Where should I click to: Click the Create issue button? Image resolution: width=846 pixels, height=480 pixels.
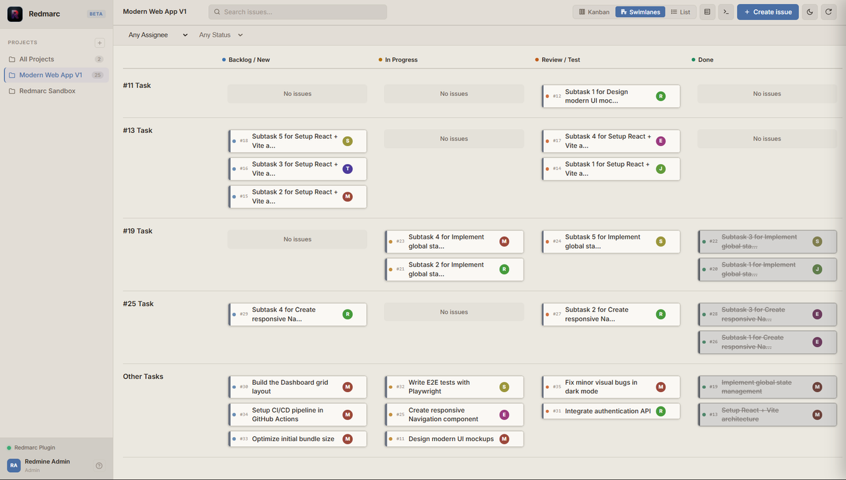click(x=767, y=12)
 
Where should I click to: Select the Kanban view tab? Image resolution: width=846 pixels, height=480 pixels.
click(x=594, y=12)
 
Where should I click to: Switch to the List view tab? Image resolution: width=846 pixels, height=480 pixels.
click(x=681, y=12)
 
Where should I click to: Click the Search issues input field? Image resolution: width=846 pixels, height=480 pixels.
click(x=297, y=12)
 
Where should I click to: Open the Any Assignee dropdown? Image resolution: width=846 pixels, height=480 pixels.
click(x=158, y=35)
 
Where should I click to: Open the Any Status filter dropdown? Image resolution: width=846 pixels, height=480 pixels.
click(x=221, y=35)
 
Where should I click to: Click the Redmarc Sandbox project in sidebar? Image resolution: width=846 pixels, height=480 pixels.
click(x=47, y=91)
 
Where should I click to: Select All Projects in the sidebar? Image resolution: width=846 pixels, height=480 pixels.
click(x=36, y=59)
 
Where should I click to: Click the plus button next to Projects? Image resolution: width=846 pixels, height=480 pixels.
click(x=100, y=43)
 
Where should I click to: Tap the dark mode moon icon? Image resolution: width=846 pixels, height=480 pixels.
click(x=810, y=12)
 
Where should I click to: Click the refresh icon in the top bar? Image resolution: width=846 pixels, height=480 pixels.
click(x=829, y=12)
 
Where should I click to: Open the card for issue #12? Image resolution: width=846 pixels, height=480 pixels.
click(x=611, y=96)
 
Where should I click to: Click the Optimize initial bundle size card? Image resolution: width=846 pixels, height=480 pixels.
click(x=297, y=439)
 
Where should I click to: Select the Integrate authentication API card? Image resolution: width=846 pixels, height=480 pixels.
click(x=611, y=411)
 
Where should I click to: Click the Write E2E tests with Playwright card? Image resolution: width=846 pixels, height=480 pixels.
click(x=454, y=387)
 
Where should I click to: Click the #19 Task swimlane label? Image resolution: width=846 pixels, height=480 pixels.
click(x=137, y=231)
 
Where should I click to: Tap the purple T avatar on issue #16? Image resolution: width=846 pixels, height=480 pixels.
click(x=348, y=169)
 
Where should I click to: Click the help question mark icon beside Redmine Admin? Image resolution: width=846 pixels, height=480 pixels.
click(x=99, y=465)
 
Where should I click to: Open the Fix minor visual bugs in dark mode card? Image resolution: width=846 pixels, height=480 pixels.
click(x=611, y=387)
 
